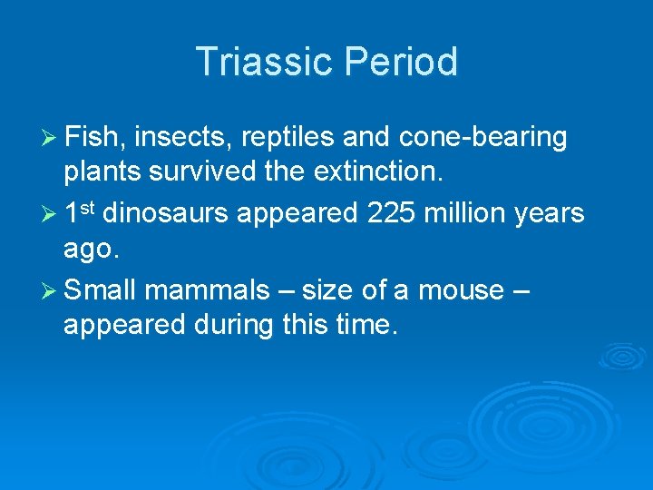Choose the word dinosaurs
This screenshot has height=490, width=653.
[165, 214]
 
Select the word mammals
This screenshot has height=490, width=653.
[207, 290]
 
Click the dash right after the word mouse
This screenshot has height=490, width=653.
[521, 291]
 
